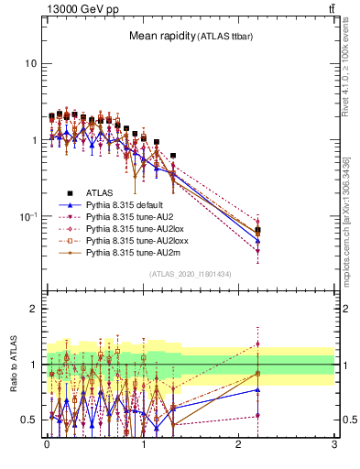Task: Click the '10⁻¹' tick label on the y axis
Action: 27,216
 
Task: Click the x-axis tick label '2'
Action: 238,452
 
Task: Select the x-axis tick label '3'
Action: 334,452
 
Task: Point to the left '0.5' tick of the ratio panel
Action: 29,420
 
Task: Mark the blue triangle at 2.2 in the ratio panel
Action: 258,390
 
